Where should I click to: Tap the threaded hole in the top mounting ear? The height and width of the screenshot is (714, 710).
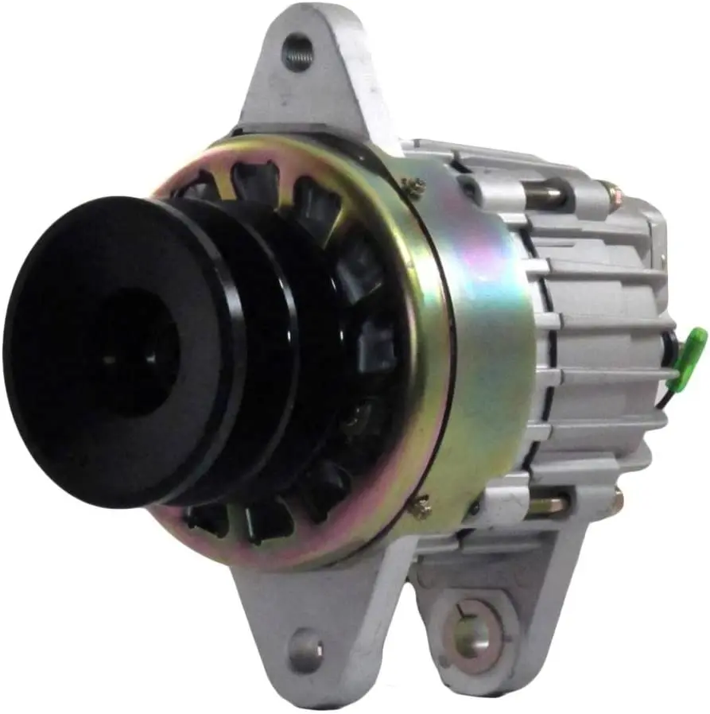[298, 52]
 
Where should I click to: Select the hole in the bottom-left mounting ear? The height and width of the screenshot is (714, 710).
[306, 650]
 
